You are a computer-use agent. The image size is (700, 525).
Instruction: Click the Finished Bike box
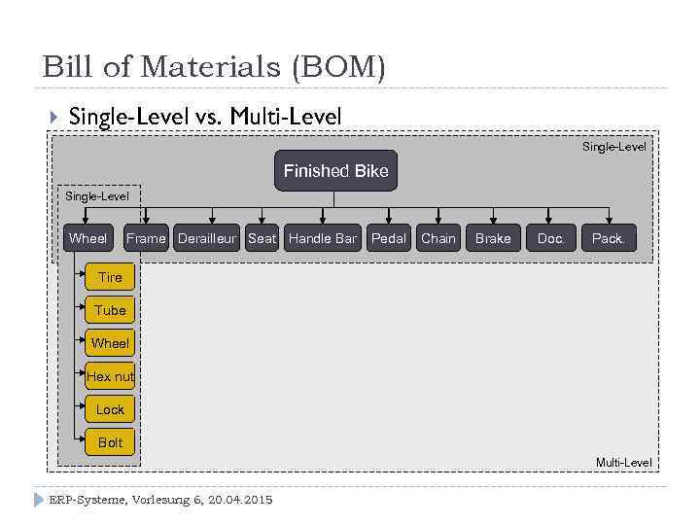335,171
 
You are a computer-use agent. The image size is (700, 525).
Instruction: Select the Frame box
146,238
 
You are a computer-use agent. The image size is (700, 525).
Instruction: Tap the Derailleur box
207,238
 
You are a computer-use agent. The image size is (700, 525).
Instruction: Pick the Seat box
262,238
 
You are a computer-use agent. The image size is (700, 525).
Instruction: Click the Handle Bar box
323,238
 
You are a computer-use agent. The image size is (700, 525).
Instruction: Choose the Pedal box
389,238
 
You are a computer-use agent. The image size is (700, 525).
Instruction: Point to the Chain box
438,238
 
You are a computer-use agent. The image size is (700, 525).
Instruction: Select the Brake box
493,238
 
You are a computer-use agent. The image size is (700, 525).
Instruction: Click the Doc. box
550,238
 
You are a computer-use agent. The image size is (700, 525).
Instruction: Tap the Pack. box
609,238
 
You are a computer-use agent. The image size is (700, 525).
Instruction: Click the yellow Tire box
110,277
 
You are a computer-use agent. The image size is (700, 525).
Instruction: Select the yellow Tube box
110,310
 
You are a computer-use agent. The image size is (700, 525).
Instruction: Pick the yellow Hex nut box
110,376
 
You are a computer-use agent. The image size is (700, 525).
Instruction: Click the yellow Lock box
110,409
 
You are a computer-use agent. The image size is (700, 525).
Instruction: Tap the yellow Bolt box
110,442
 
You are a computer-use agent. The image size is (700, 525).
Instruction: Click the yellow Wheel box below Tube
110,343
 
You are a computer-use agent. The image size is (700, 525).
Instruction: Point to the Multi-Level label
623,463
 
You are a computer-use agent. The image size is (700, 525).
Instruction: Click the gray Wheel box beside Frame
87,238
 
